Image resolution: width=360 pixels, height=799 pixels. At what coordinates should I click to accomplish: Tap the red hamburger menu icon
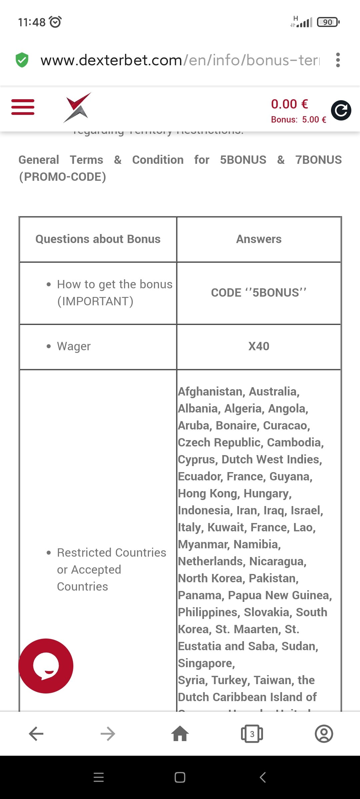23,107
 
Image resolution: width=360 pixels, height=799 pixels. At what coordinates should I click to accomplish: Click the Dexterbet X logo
77,108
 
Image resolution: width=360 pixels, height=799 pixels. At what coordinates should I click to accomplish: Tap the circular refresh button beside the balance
341,110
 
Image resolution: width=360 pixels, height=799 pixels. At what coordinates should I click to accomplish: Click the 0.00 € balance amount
289,104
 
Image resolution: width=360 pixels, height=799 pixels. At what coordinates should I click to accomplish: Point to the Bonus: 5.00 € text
298,120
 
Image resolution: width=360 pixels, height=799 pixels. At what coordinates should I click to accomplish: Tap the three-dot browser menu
338,60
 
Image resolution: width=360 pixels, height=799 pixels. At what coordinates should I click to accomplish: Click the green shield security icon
22,60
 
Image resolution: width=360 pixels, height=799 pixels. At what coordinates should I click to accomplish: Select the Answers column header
259,239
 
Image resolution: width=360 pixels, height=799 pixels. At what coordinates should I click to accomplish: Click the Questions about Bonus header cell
98,239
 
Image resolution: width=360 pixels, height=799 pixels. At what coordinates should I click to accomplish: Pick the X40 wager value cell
259,346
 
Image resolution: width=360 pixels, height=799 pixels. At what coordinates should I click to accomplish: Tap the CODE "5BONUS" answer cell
259,293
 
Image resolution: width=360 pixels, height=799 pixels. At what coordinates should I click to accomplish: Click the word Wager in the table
74,346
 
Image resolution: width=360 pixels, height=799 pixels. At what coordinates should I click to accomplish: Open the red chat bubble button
46,666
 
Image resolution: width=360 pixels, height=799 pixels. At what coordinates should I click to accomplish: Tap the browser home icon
180,734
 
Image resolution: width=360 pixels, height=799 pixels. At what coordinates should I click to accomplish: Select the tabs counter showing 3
252,734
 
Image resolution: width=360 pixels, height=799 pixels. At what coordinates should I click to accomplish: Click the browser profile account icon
324,734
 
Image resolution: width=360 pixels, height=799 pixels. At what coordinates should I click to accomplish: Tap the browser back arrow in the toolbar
36,734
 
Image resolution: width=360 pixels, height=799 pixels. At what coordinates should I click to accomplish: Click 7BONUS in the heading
318,160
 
